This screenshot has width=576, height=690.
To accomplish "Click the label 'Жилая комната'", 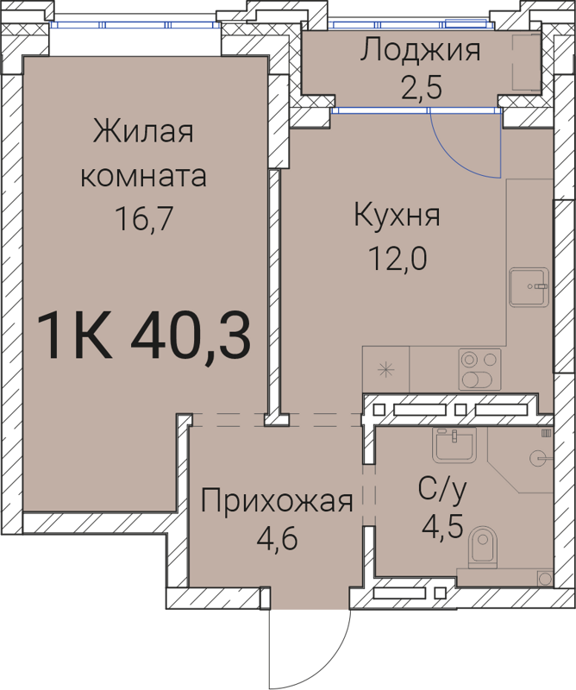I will coord(143,155).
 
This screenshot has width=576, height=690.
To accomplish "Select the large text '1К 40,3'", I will coord(144,336).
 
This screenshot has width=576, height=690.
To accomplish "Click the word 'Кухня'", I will coord(398,216).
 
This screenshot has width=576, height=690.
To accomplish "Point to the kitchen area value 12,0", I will coord(398,258).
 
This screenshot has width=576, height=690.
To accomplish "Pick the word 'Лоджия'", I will coord(420,51).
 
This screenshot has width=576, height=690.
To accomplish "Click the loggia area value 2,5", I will coord(420,89).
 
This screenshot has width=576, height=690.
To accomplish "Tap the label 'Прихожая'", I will coord(277,500).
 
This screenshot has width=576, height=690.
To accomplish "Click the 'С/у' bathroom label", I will coord(442,491).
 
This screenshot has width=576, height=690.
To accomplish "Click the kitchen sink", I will coord(528,286).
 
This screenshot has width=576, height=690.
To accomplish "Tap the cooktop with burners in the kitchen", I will coord(479,369).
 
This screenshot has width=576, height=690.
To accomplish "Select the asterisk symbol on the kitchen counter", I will coord(385,369).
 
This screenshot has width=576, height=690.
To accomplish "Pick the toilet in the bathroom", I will coord(484,549).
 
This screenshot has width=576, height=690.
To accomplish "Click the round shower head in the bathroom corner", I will coord(537,456).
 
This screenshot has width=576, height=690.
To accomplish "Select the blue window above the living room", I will coord(135,25).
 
